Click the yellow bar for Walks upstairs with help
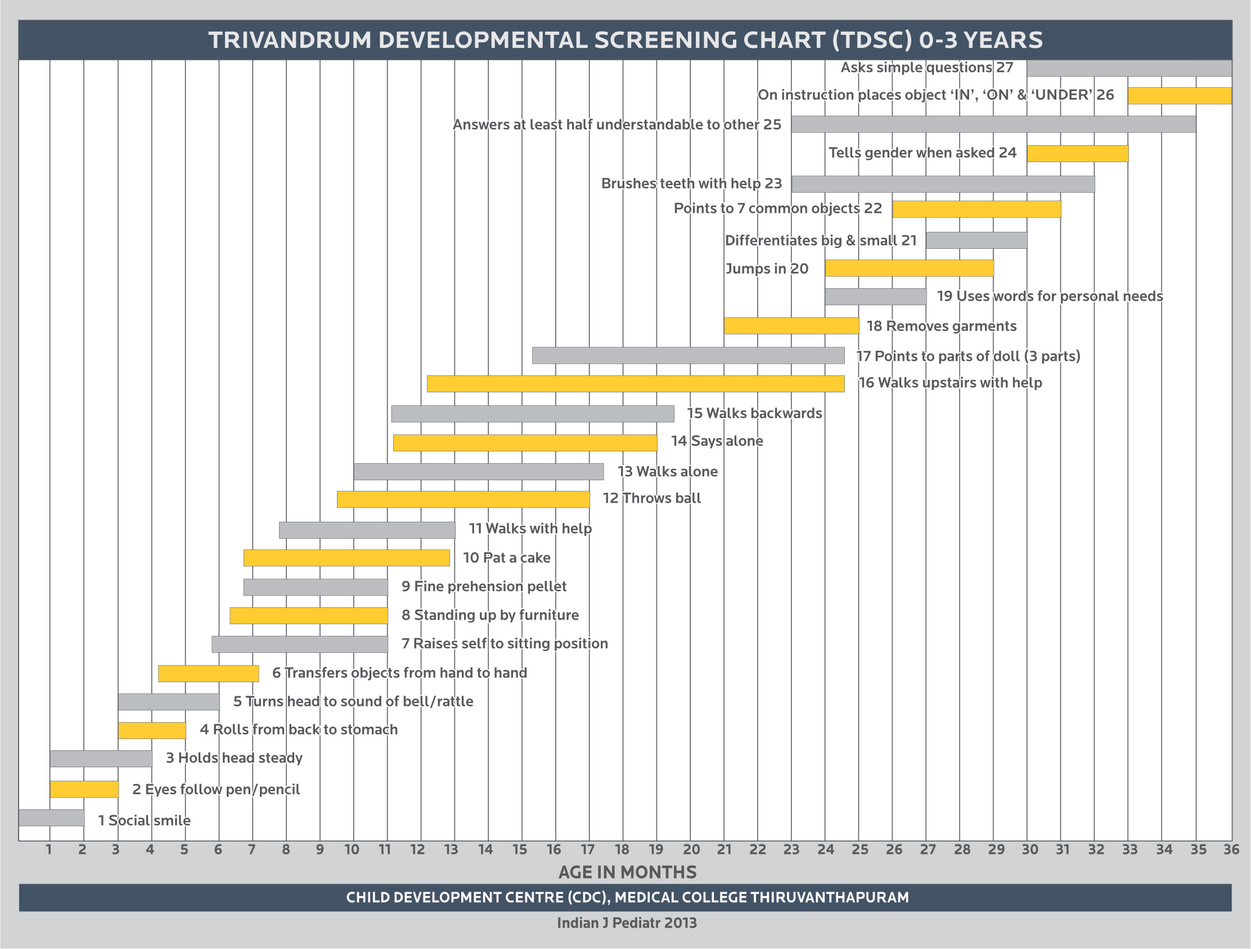point(635,384)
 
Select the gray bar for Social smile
point(51,818)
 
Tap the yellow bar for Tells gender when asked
point(1077,153)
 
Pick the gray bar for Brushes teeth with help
point(943,184)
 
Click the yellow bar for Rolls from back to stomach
point(151,731)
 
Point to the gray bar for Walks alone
point(479,471)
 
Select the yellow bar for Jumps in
point(909,268)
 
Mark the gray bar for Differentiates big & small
point(976,240)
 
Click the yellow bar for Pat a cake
point(346,558)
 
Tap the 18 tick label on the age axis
point(622,849)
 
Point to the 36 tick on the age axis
point(1231,849)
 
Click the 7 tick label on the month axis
point(251,849)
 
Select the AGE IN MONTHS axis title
point(627,872)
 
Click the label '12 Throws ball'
point(651,498)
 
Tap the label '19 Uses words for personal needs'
point(1050,296)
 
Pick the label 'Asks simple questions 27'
point(926,68)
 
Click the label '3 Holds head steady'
point(234,758)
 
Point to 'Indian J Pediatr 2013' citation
point(627,923)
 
